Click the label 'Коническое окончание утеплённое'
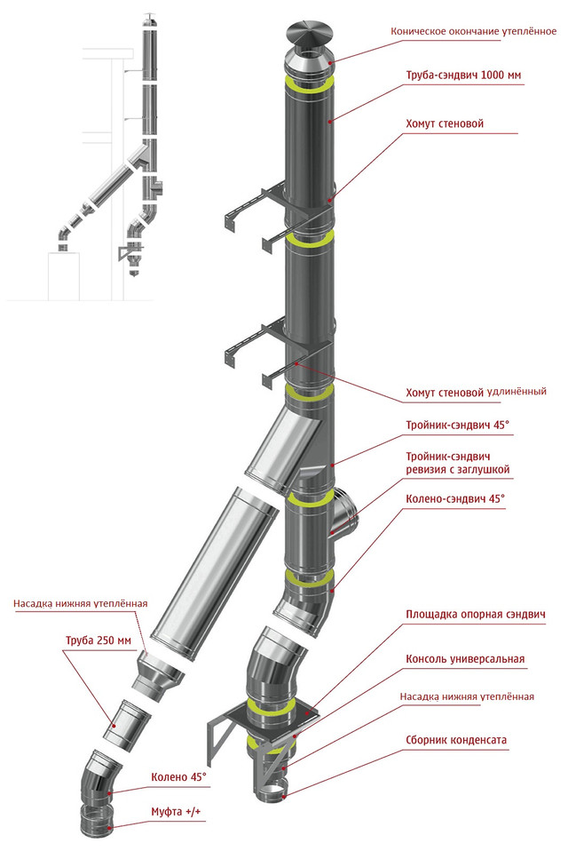[474, 31]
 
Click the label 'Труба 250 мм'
[99, 640]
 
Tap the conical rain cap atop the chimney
[308, 34]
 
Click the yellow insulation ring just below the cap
[309, 83]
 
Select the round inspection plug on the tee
[347, 514]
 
